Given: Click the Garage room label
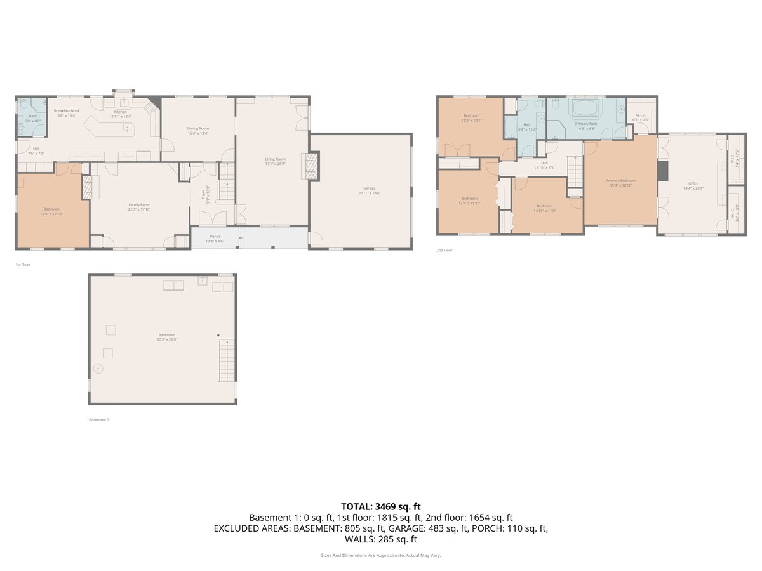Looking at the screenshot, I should point(369,188).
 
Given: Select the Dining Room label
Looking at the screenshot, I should point(198,128).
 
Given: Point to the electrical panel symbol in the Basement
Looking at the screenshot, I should point(98,369).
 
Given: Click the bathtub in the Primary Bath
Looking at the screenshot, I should point(586,107).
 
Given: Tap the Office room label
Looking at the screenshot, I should point(690,183).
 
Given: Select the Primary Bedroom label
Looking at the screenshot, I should point(620,180).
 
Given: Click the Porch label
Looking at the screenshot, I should point(215,236).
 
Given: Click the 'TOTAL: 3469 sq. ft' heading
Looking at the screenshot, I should point(380,506).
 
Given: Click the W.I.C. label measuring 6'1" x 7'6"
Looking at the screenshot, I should point(641,115).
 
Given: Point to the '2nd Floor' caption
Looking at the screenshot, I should point(444,251).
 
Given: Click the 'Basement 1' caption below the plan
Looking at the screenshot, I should point(98,419).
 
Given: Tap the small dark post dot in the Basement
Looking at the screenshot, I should point(218,335).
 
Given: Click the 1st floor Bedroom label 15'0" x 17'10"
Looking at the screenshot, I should point(51,209).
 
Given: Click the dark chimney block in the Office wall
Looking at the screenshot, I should point(663,170).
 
